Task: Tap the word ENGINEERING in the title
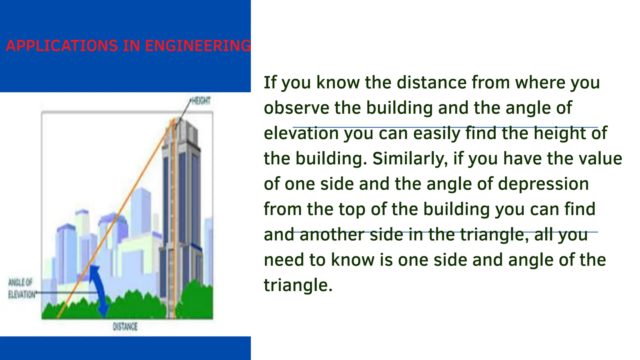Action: pos(198,46)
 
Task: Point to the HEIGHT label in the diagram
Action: pos(201,101)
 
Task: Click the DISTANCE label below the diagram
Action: pos(125,327)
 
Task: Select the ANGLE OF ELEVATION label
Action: pos(21,288)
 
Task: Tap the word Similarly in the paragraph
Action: pos(407,159)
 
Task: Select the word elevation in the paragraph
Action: pos(301,133)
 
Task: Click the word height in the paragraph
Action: pos(559,133)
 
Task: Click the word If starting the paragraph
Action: pos(270,82)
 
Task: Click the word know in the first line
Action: pos(338,82)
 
